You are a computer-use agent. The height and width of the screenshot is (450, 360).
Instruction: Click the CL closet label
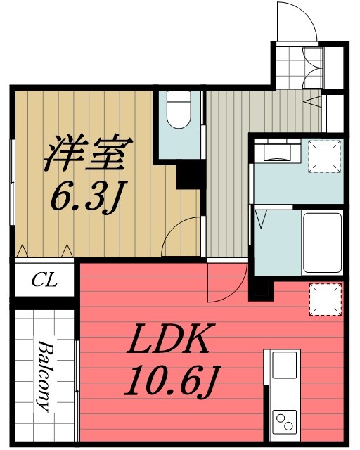click(44, 282)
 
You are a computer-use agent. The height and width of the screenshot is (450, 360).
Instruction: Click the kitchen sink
click(284, 366)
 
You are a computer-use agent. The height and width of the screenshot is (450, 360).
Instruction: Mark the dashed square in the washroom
click(326, 156)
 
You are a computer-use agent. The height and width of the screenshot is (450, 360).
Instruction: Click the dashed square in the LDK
click(326, 299)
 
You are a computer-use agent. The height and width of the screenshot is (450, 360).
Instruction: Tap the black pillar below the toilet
click(189, 174)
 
